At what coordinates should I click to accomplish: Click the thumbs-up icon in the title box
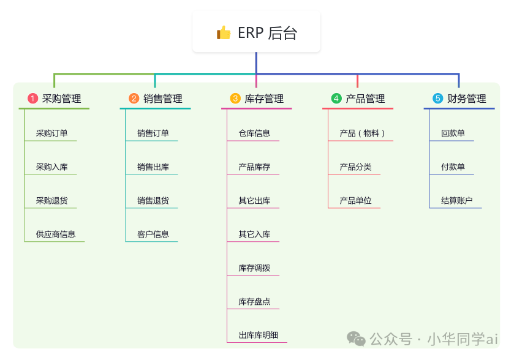(x=224, y=32)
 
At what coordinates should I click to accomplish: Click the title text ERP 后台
(x=267, y=33)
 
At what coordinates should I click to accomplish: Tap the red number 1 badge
(x=33, y=99)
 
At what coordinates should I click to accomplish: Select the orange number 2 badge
(x=134, y=99)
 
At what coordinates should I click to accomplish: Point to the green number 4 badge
(x=336, y=99)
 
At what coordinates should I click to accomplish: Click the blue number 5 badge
(x=437, y=99)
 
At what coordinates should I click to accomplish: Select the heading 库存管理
(x=264, y=99)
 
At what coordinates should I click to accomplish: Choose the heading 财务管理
(x=466, y=99)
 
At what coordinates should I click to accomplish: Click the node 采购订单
(x=51, y=133)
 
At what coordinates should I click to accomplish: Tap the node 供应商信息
(x=56, y=234)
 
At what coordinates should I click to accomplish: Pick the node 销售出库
(x=153, y=167)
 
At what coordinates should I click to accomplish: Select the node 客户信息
(x=153, y=234)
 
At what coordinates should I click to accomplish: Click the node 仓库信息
(x=254, y=133)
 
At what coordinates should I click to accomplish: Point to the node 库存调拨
(x=254, y=268)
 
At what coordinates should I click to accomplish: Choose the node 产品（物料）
(x=363, y=133)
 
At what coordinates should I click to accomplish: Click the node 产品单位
(x=355, y=200)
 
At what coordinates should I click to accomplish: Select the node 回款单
(x=453, y=133)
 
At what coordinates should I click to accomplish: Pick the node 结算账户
(x=456, y=200)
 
